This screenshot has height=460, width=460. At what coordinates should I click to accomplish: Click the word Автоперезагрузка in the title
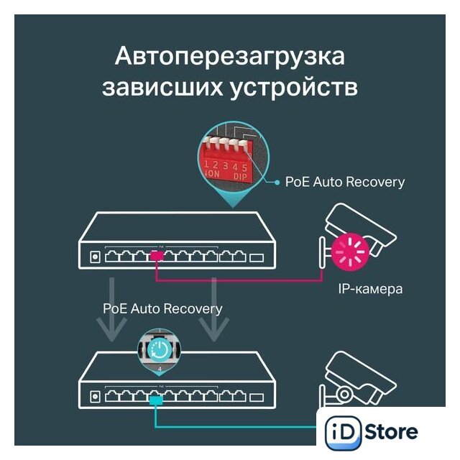pos(230,57)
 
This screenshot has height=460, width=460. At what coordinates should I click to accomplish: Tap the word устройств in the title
pos(294,88)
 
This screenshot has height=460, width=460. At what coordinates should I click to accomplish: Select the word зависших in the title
pos(162,88)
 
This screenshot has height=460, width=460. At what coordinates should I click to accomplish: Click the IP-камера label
pos(370,289)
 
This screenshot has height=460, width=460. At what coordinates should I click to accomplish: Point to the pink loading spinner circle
pos(350,252)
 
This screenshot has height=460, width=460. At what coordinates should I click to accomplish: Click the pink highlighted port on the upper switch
pos(157,256)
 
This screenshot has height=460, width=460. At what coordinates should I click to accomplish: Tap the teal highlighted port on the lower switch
pos(156,400)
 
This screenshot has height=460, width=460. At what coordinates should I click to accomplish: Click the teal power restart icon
pos(160,350)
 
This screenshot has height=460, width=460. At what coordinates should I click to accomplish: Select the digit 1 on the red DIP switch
pos(206,164)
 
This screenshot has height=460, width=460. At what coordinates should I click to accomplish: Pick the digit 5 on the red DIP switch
pos(244,167)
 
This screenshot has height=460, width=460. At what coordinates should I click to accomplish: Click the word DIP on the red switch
pos(241,177)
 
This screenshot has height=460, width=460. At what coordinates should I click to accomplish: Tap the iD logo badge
pos(343,433)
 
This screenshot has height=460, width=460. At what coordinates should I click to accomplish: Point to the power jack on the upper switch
pos(95,257)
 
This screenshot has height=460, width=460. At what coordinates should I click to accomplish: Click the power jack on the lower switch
pos(95,397)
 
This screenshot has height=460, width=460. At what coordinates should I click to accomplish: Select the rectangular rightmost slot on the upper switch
pos(257,257)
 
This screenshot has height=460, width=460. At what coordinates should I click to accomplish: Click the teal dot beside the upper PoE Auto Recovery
pos(277,183)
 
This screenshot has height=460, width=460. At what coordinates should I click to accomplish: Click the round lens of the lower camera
pos(344,395)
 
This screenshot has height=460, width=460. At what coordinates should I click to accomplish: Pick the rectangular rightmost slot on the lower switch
pos(257,397)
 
